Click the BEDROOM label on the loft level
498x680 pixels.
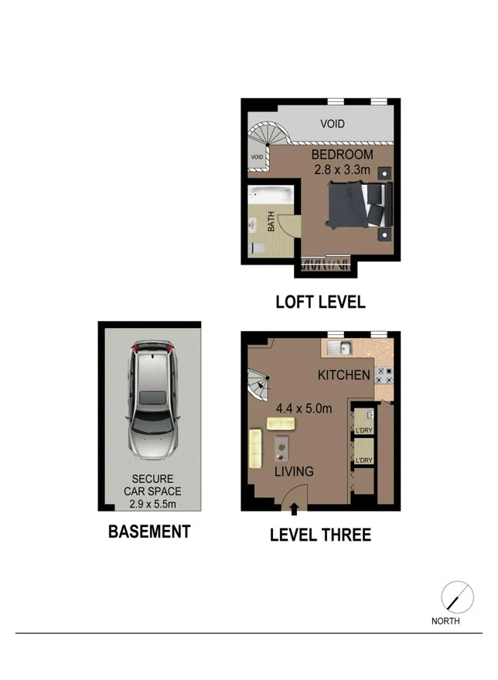click(x=342, y=155)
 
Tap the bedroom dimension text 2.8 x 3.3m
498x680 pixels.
click(x=342, y=169)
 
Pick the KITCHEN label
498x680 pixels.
click(x=343, y=376)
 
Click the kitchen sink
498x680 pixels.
click(x=338, y=347)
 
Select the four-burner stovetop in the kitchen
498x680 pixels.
click(x=384, y=376)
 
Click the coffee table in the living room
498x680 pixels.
click(x=282, y=446)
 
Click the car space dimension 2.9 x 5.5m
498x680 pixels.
click(x=152, y=505)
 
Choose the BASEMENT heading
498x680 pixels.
click(x=148, y=531)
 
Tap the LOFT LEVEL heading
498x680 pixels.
click(x=320, y=302)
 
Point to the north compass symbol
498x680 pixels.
click(x=452, y=597)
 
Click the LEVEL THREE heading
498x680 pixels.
click(x=320, y=535)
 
